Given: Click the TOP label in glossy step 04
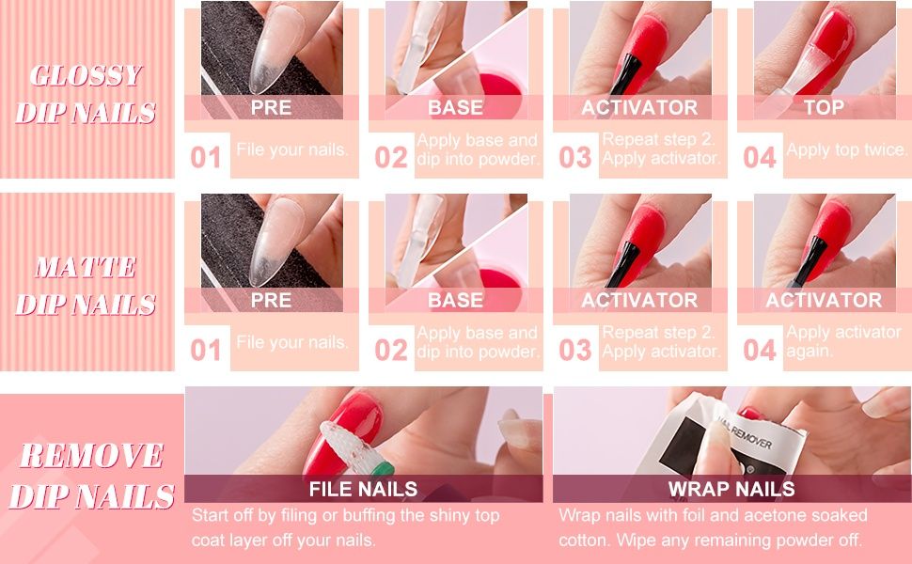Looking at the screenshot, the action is (824, 107).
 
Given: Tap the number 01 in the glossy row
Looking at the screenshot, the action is (206, 158).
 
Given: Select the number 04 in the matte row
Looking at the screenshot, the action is (759, 350).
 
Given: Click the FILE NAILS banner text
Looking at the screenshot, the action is (363, 489).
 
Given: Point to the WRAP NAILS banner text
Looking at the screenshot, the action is (731, 489).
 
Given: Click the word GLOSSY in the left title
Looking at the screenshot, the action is (86, 75).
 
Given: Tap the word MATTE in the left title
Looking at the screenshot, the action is (86, 268).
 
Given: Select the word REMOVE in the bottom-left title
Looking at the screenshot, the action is (92, 455).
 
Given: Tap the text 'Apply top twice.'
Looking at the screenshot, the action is (847, 150).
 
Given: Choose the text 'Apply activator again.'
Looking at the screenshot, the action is (843, 341).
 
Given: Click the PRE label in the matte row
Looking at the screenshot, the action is (271, 301).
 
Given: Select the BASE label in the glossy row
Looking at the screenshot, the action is (455, 107).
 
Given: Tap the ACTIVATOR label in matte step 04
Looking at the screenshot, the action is (824, 300).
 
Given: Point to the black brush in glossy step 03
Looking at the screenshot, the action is (626, 75).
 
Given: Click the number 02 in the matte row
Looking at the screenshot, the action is (391, 350).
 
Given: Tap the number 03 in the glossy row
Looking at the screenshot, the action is (575, 158).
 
